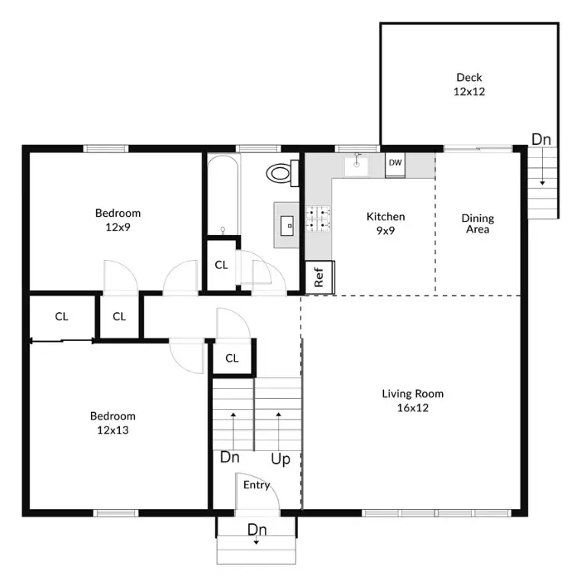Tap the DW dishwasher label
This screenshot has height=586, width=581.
point(395,163)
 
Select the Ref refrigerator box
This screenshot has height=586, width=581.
point(319,275)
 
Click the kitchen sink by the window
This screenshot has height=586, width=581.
point(357,163)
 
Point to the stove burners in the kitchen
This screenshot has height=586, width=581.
point(318,219)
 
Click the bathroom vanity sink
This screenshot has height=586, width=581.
point(288,224)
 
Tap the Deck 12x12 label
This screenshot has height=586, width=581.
point(470,84)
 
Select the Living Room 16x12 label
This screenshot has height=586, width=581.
point(412,401)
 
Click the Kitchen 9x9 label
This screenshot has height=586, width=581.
point(385,223)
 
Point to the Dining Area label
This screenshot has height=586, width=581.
point(477,224)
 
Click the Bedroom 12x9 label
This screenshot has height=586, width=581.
point(118,220)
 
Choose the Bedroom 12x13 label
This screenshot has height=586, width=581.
point(112,423)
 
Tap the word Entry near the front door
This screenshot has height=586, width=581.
point(257,485)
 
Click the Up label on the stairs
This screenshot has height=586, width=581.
point(280,459)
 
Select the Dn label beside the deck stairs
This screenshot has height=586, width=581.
point(541,140)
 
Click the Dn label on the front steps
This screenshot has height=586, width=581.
point(257,529)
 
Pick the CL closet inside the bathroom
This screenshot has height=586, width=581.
point(221,265)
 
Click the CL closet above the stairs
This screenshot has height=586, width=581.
point(232,358)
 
